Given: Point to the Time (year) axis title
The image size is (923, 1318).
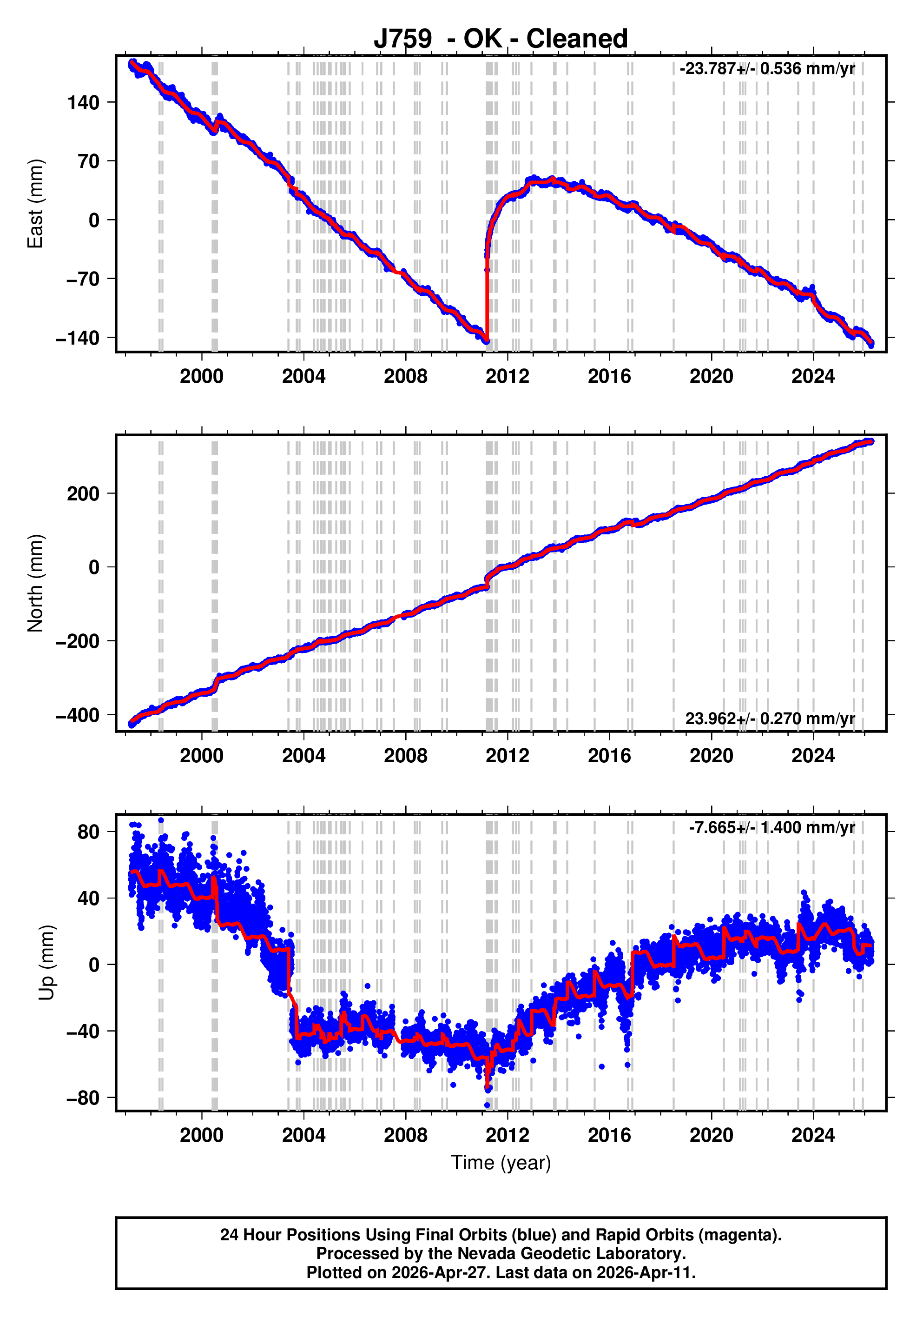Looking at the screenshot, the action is click(501, 1162).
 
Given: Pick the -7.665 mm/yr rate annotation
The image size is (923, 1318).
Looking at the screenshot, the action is click(771, 827).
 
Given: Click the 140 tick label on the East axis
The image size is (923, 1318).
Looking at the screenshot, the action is click(83, 103).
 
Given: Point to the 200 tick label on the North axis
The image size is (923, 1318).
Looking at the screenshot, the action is click(83, 494).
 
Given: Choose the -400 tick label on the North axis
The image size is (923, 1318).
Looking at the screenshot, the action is click(78, 715).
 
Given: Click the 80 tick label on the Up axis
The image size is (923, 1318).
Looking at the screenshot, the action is click(88, 832).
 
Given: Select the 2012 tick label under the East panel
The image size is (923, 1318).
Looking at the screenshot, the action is click(507, 377).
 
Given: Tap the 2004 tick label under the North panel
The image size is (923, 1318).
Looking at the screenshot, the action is click(303, 756).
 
